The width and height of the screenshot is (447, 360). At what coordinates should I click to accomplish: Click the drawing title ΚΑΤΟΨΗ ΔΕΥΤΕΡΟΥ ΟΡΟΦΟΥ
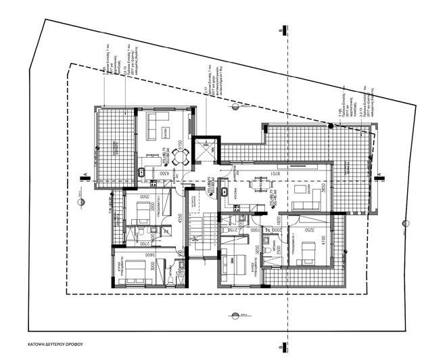tap(51, 343)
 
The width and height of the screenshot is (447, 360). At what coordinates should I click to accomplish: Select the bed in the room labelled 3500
tap(143, 217)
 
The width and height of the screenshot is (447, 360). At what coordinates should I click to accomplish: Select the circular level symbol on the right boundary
tap(404, 223)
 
